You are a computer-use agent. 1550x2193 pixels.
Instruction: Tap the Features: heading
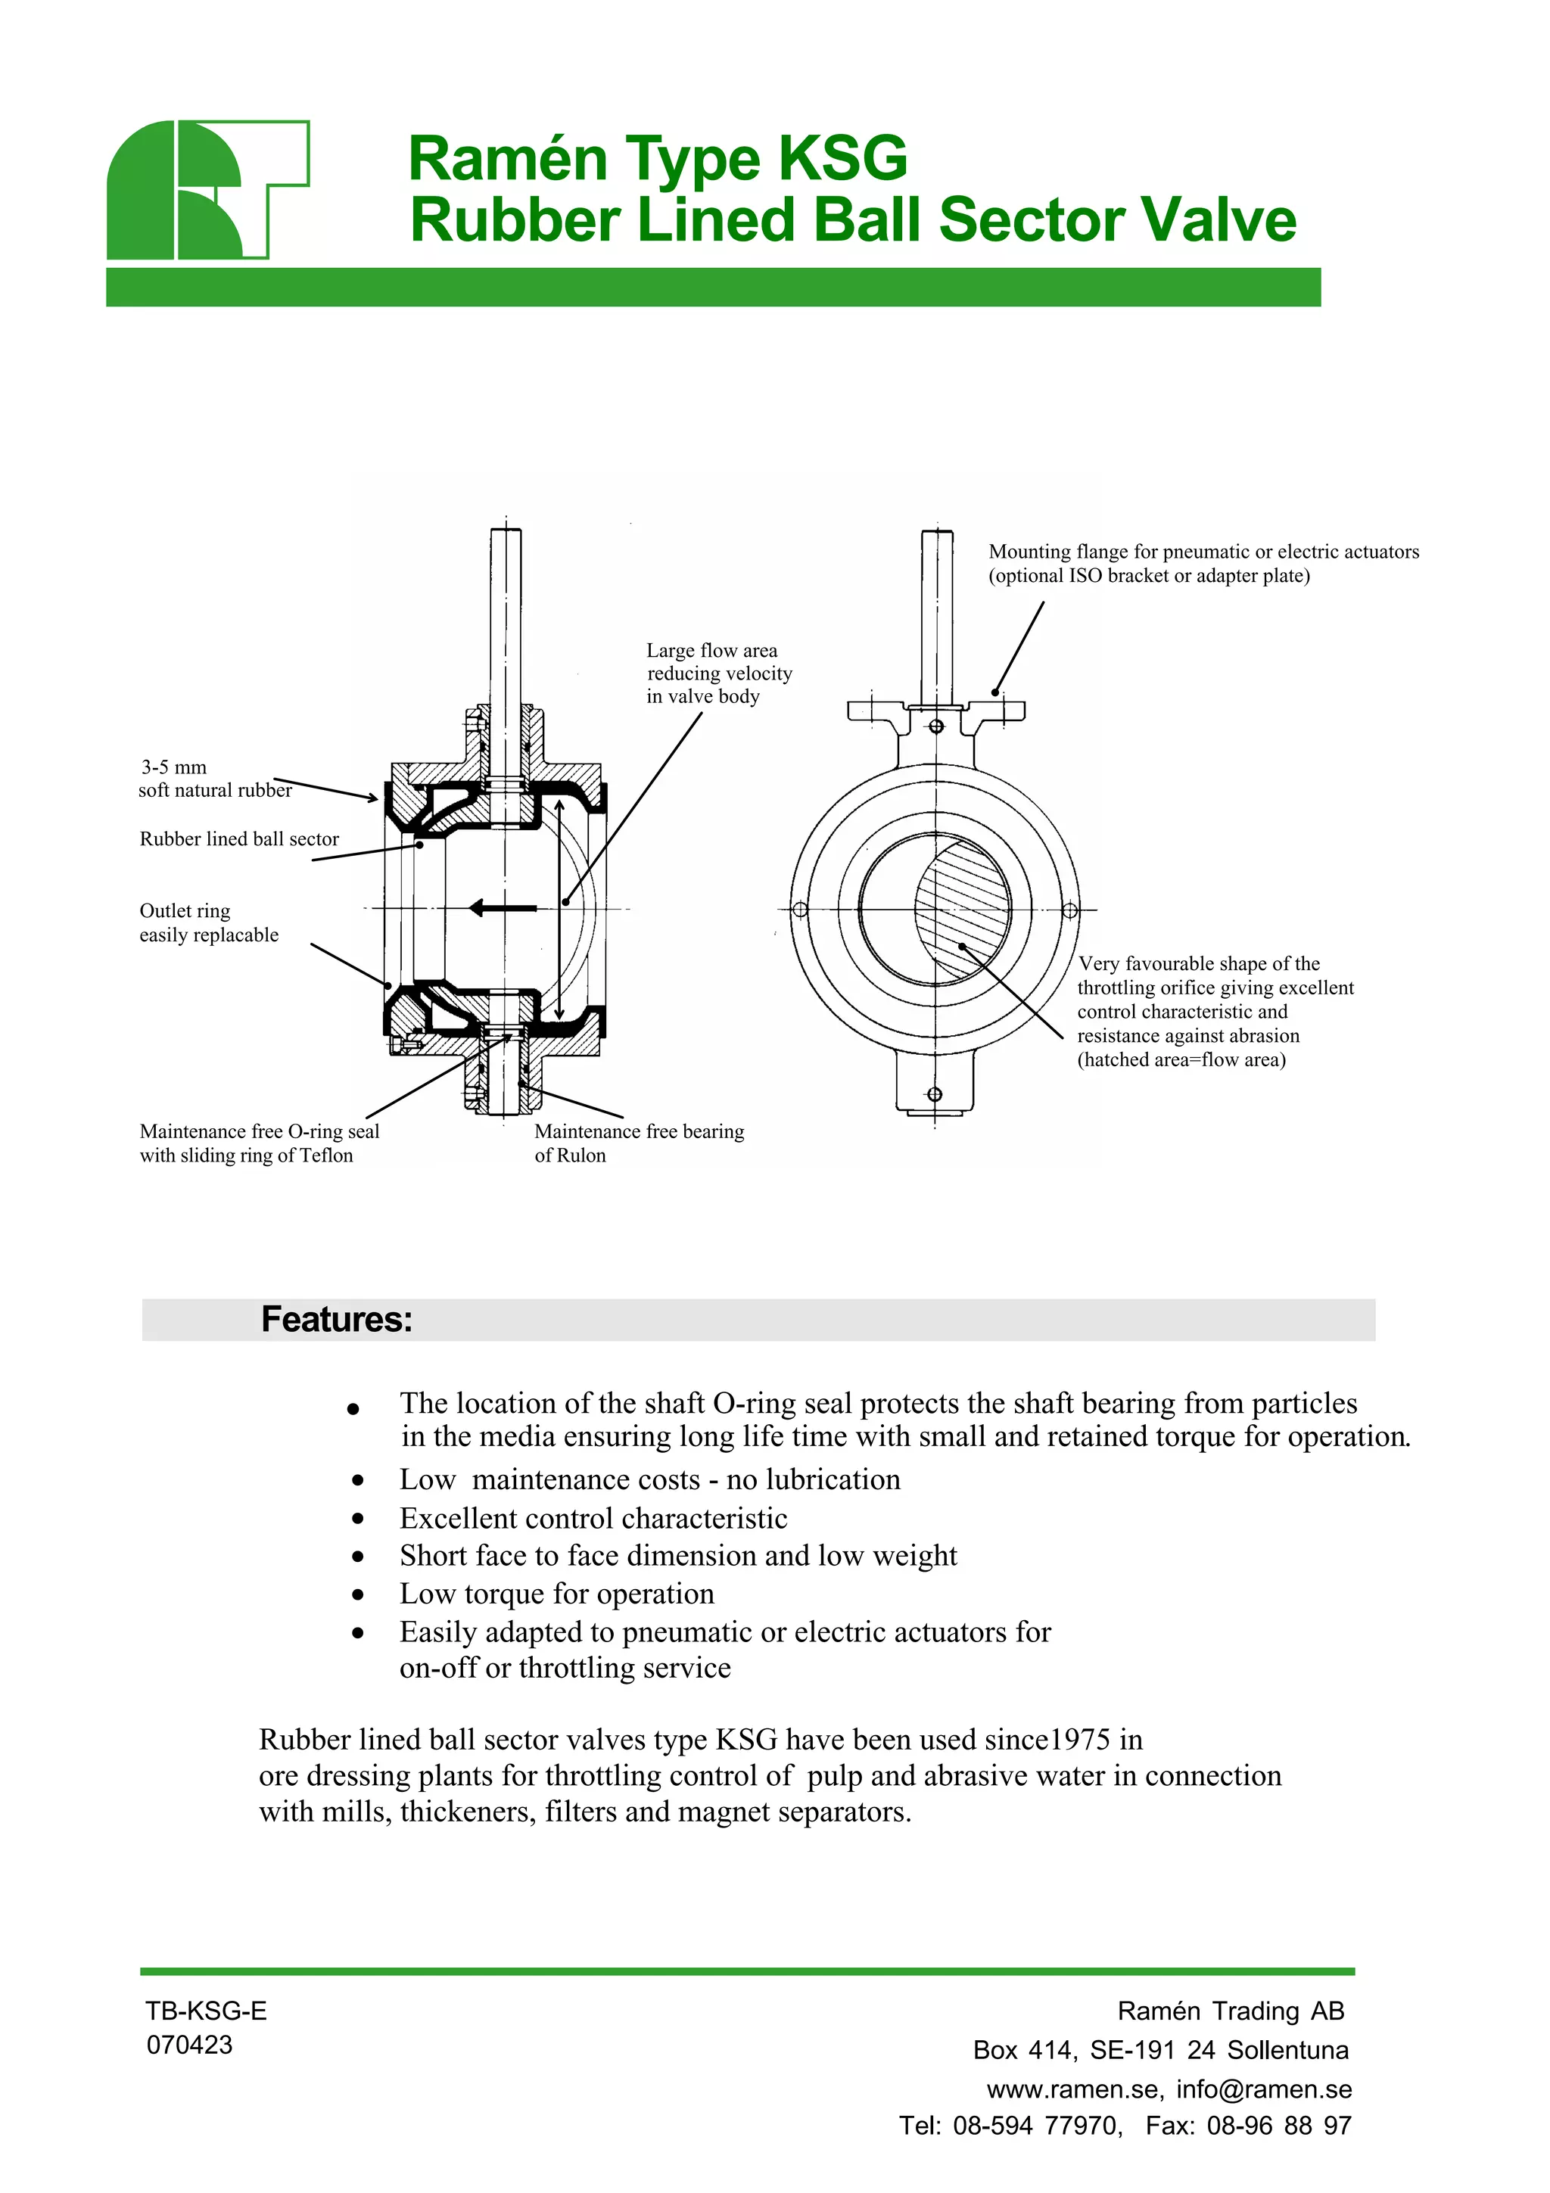pos(336,1319)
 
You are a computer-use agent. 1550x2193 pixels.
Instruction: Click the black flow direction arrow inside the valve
pos(503,907)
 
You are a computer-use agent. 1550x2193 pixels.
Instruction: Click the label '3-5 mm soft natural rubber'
pos(214,779)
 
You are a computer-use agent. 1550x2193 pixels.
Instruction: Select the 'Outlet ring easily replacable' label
pos(208,922)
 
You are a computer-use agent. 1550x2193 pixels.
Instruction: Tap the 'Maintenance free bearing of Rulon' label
pos(638,1143)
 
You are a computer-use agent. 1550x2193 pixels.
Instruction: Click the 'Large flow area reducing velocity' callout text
pos(718,673)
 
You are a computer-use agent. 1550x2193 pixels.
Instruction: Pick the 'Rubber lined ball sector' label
pos(238,838)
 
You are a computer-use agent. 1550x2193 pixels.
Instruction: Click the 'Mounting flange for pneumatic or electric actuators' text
pos(1203,552)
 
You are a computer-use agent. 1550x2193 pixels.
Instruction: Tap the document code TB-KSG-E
pos(205,2011)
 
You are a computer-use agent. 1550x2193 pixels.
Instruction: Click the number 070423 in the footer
pos(189,2045)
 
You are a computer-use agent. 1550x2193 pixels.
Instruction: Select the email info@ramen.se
pos(1263,2089)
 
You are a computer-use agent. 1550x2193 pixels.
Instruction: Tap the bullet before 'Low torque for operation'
pos(357,1594)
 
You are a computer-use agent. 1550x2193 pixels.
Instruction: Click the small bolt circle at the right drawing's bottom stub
pos(935,1093)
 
